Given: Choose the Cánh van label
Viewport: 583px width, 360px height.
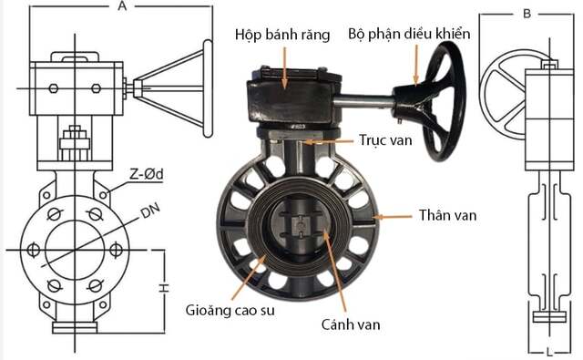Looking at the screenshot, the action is click(x=351, y=323).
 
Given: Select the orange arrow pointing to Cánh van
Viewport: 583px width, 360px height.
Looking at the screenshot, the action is click(x=335, y=273).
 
